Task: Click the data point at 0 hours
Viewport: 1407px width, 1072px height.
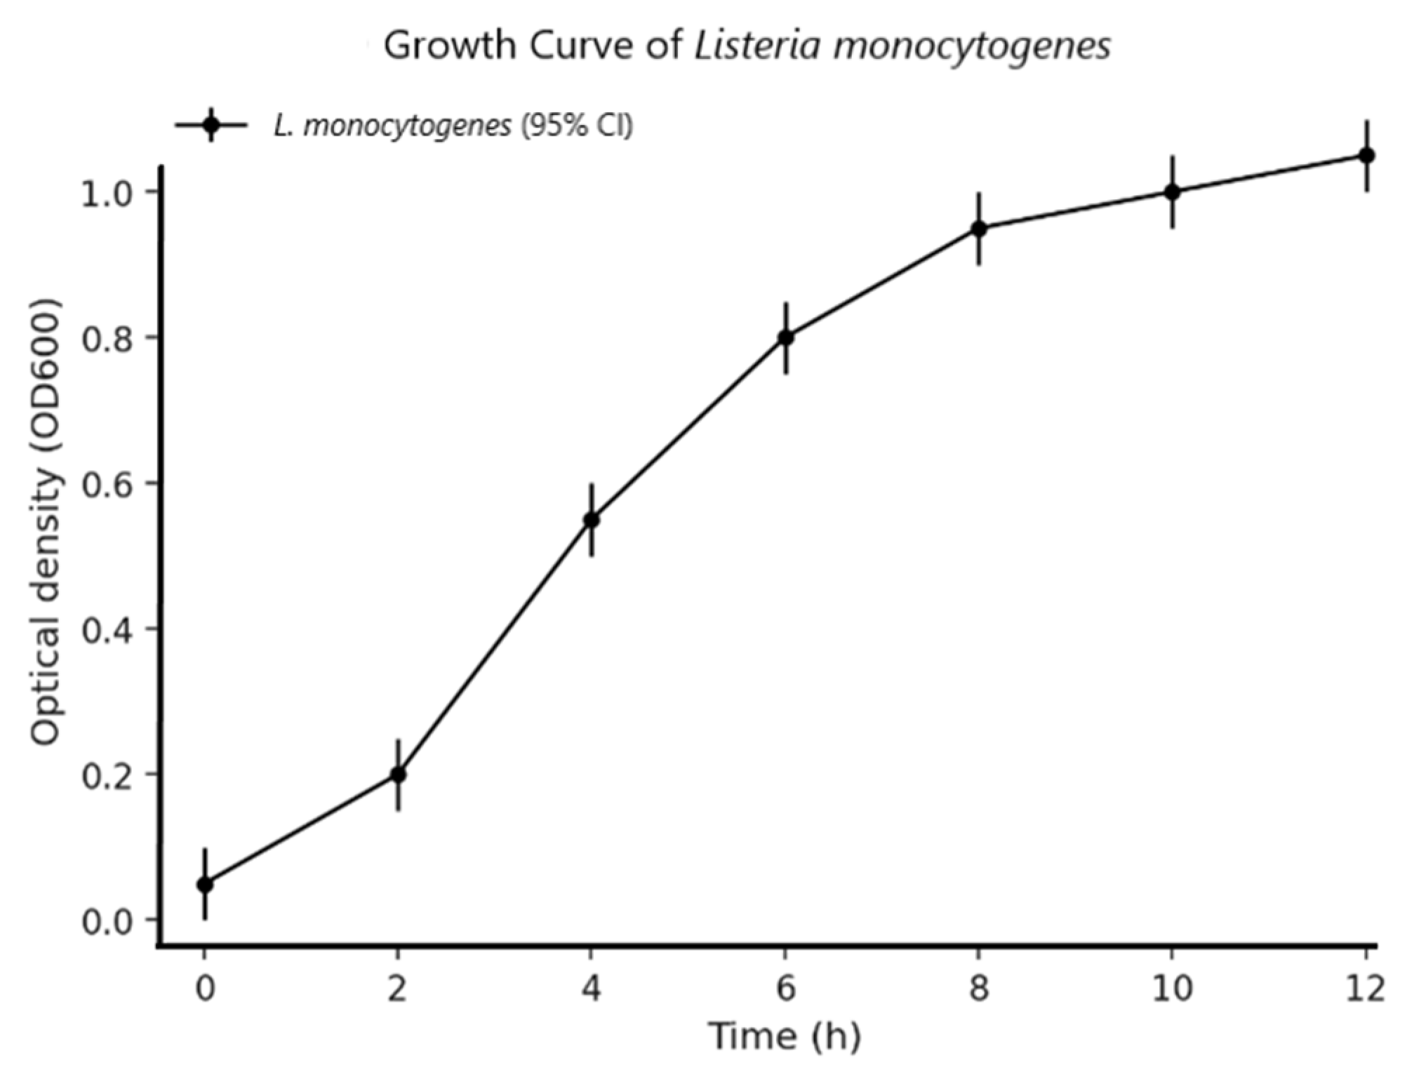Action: tap(205, 884)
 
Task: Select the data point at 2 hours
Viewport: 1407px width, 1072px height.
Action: tap(399, 775)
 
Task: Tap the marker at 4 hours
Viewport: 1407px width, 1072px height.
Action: tap(592, 520)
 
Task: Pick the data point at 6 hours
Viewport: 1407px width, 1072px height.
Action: tap(786, 337)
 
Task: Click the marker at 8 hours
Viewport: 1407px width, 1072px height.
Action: tap(979, 229)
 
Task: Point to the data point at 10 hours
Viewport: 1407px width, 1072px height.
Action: tap(1172, 192)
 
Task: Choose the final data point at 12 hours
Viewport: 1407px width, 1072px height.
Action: tap(1366, 155)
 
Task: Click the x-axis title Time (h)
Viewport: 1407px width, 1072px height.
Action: tap(785, 1036)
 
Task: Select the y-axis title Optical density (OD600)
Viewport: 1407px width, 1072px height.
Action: tap(46, 523)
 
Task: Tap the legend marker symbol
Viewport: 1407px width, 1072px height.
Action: tap(211, 125)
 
